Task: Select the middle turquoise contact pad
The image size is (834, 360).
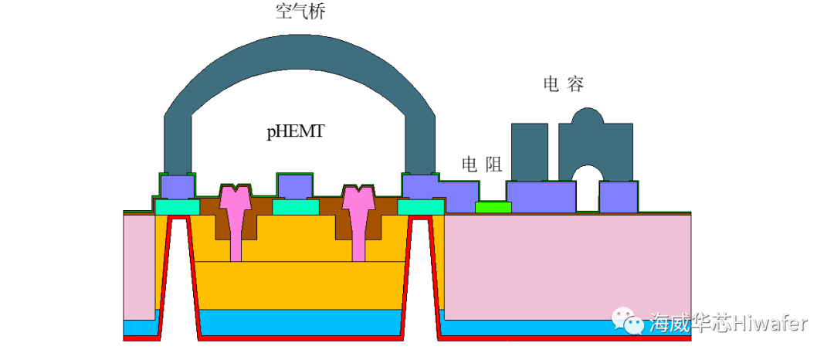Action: coord(296,207)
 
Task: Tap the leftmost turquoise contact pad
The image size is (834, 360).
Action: coord(178,207)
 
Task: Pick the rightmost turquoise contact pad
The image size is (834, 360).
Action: coord(421,207)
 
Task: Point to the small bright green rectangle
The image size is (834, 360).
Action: coord(493,207)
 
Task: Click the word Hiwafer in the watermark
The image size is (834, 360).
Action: coord(769,322)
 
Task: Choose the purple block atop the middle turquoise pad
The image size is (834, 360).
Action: coord(295,186)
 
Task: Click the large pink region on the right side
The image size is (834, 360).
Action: coord(568,267)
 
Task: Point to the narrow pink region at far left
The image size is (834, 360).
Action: coord(139,267)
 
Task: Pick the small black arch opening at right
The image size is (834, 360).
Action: coord(588,189)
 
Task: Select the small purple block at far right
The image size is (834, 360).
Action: coord(619,197)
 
